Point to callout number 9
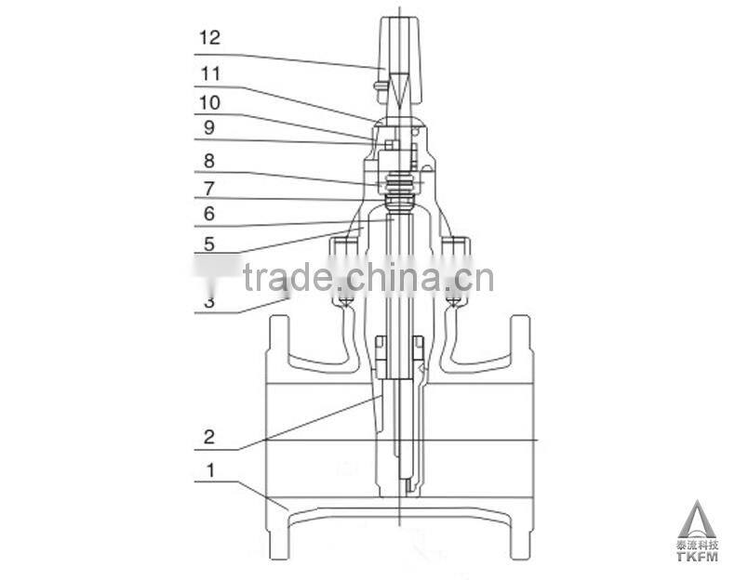pyautogui.click(x=208, y=127)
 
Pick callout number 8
pyautogui.click(x=208, y=160)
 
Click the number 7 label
pyautogui.click(x=208, y=187)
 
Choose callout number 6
pyautogui.click(x=208, y=214)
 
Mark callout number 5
pyautogui.click(x=208, y=245)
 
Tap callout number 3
pyautogui.click(x=208, y=302)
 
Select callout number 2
pyautogui.click(x=209, y=436)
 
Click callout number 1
pyautogui.click(x=209, y=470)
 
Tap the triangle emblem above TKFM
pyautogui.click(x=695, y=517)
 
